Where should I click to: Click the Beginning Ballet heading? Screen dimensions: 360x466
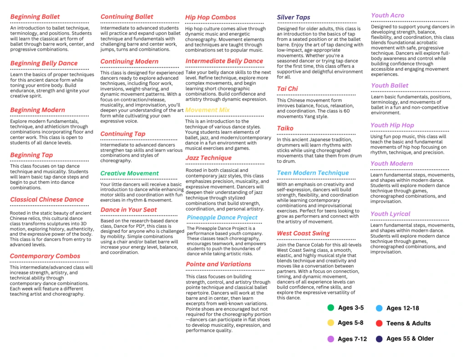tap(35, 17)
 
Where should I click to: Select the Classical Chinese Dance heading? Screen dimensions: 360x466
tap(47, 199)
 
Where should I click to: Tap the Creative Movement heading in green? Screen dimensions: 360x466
tap(130, 173)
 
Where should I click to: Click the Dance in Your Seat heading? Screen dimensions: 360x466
tap(129, 210)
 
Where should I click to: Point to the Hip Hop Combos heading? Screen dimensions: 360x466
tap(210, 17)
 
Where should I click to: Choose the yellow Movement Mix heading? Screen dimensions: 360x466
tap(207, 110)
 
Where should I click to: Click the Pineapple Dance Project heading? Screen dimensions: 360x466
tap(222, 218)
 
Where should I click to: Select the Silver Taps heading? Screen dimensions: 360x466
tap(294, 17)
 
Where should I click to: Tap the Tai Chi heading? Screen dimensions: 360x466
tap(287, 89)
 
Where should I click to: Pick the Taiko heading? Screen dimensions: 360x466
tap(285, 128)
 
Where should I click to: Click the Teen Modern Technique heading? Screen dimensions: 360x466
tap(313, 173)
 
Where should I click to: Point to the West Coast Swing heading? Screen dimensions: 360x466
tap(303, 233)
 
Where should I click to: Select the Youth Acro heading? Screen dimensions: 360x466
tap(387, 15)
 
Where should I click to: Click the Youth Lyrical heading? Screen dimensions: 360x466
tap(390, 214)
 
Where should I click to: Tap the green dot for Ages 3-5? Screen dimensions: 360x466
tap(331, 308)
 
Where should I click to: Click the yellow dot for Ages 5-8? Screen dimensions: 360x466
tap(331, 323)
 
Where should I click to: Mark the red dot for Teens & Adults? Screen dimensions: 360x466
tap(379, 323)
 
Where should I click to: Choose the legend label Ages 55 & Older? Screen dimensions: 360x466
tap(410, 339)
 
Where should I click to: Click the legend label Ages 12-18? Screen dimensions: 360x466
tap(402, 308)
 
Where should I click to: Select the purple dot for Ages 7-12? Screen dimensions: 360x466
tap(331, 339)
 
